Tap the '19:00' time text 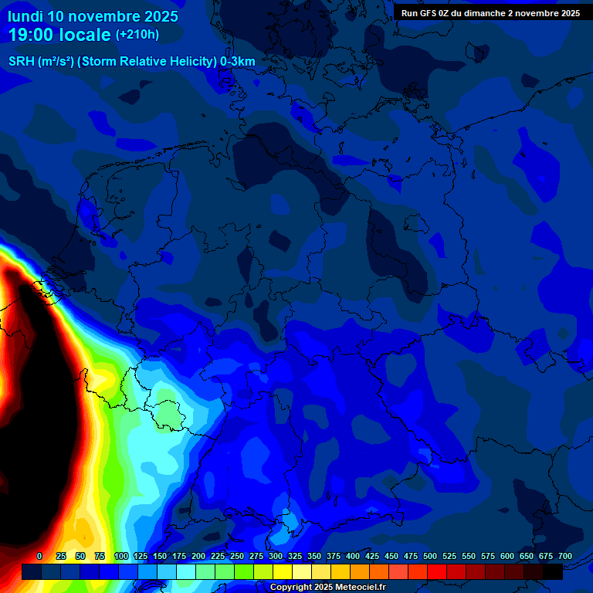click(32, 35)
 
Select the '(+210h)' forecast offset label click(137, 35)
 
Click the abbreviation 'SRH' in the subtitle click(22, 62)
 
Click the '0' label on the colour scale click(39, 556)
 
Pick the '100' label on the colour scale click(121, 556)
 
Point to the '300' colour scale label click(276, 556)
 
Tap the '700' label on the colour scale click(564, 556)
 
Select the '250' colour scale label click(237, 556)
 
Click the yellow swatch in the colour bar click(283, 571)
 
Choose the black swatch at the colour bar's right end click(553, 571)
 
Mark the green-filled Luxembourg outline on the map click(168, 411)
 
